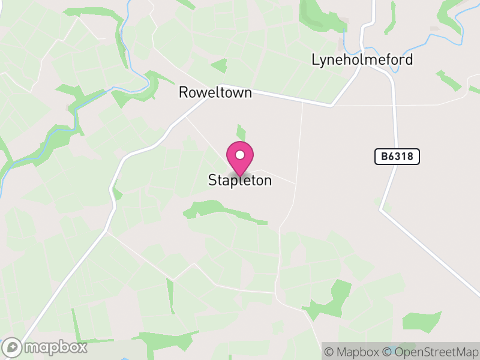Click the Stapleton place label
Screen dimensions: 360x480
point(240,180)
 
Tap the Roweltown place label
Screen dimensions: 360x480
point(215,93)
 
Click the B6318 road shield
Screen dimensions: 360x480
point(397,157)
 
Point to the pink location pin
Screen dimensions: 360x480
point(240,160)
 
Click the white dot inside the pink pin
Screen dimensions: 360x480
point(240,155)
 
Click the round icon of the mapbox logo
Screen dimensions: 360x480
point(13,347)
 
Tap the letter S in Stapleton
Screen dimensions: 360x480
point(212,180)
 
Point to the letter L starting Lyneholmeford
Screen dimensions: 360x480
point(315,60)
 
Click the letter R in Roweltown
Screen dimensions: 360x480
point(183,93)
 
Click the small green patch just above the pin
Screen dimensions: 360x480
point(241,133)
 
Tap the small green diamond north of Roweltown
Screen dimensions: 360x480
point(220,65)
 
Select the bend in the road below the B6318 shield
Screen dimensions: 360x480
point(380,209)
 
